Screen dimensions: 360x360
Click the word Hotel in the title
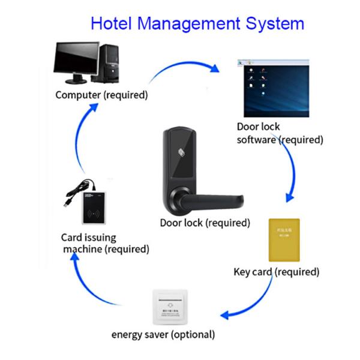112,23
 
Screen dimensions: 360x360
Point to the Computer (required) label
101,95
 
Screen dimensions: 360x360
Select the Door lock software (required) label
280,133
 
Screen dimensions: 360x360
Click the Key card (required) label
276,272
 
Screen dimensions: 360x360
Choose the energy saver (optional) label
163,334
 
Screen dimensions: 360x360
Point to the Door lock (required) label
205,223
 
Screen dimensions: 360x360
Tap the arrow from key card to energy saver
249,306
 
